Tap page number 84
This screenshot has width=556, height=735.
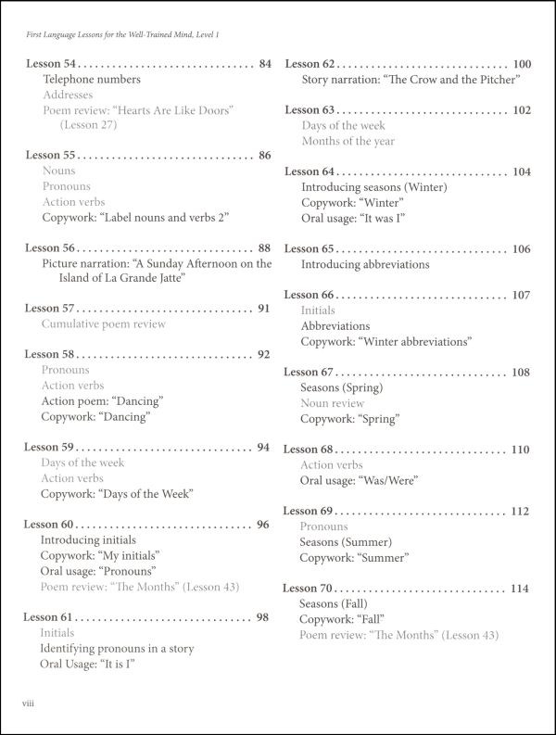(x=265, y=64)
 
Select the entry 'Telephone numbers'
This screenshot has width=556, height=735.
(x=91, y=80)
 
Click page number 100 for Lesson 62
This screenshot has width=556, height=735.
(x=522, y=64)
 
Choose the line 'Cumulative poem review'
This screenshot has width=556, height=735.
(x=103, y=323)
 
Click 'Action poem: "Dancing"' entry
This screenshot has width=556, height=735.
(x=102, y=400)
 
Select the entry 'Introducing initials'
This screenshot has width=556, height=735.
(x=88, y=539)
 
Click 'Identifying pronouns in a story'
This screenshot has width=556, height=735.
(x=117, y=648)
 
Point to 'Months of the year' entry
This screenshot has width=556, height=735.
(x=347, y=141)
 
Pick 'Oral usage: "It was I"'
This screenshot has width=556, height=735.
(x=354, y=218)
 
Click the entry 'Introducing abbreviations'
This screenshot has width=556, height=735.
(x=365, y=264)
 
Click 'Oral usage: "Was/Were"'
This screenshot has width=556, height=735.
(x=359, y=480)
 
